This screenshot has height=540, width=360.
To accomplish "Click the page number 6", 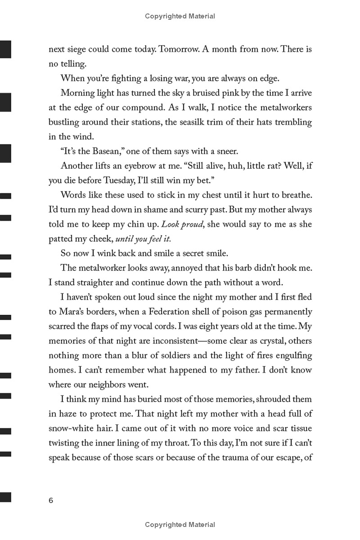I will (x=51, y=500).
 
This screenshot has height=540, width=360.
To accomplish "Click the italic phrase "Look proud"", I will (x=182, y=224).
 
